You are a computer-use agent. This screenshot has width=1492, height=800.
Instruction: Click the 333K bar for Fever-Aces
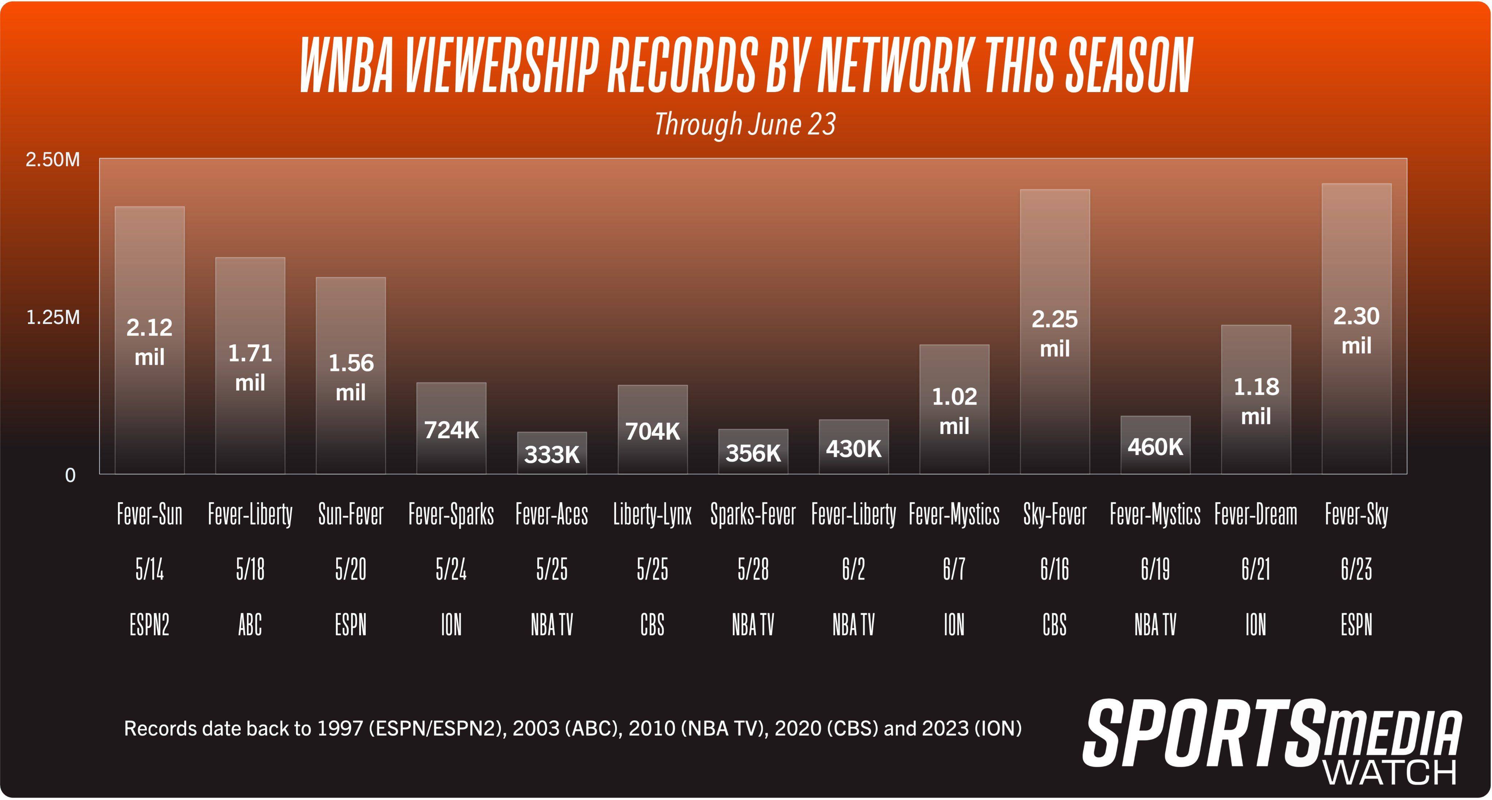pos(551,453)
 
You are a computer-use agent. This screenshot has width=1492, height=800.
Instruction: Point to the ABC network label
pos(250,625)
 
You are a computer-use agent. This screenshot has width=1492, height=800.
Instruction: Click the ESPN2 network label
pos(149,625)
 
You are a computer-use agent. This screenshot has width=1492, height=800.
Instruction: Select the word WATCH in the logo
pos(1390,772)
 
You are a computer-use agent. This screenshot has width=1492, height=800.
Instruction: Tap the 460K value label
pos(1155,447)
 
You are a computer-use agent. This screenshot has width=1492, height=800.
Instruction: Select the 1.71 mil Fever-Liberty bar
pos(250,366)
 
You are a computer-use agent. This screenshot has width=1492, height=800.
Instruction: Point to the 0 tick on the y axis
pos(70,476)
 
